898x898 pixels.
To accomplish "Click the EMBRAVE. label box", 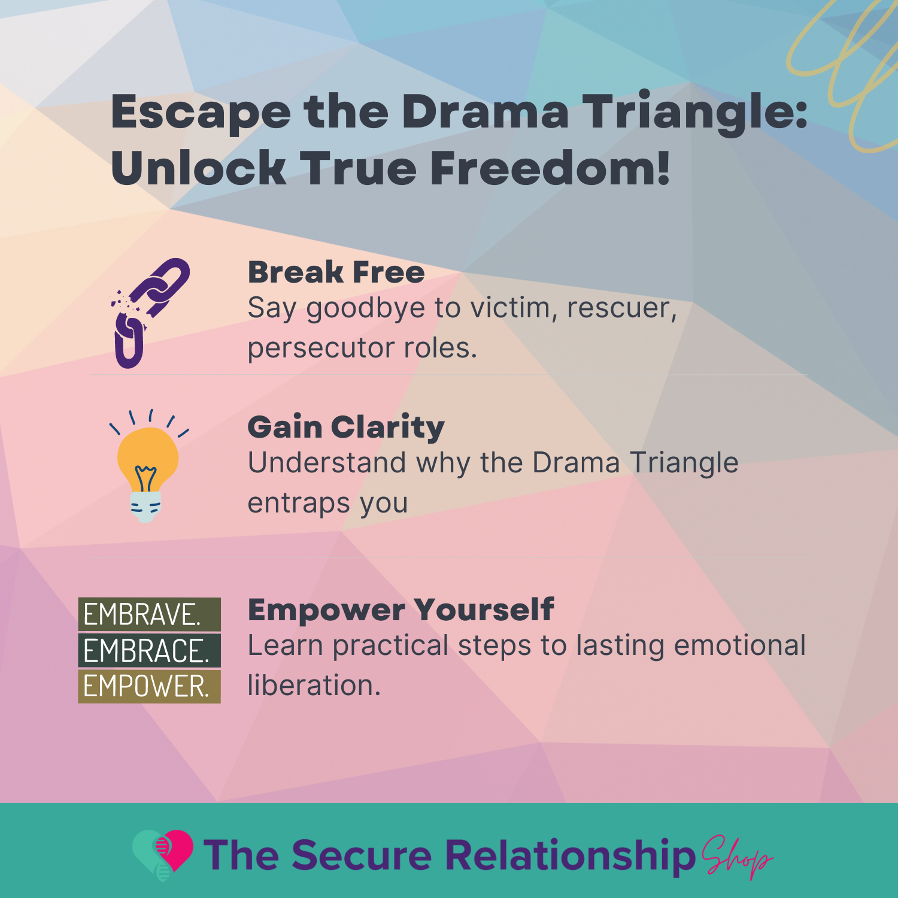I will click(149, 614).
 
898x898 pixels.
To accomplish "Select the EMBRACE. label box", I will click(149, 651).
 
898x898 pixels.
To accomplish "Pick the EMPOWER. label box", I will click(149, 686).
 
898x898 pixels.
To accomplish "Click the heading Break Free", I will click(336, 272).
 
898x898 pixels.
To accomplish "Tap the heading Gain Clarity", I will click(346, 427).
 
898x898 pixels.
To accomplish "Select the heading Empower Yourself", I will click(401, 610).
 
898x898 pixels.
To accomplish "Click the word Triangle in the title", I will click(694, 113).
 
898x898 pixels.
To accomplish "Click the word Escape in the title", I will click(201, 113).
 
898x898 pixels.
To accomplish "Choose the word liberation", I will click(314, 685).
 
